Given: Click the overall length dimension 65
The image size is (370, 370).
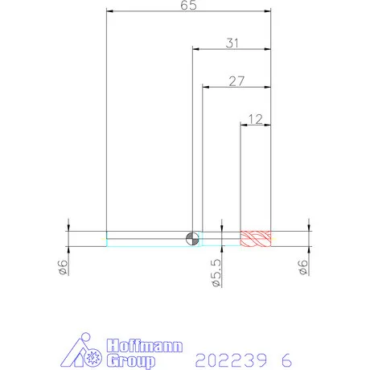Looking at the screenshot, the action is (x=188, y=5).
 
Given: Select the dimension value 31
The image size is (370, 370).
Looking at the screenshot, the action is (x=232, y=43).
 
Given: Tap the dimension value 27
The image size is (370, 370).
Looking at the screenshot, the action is (x=236, y=81).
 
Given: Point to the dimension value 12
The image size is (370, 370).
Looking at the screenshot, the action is (x=256, y=119).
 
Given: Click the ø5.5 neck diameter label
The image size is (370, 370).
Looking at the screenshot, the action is (x=216, y=273).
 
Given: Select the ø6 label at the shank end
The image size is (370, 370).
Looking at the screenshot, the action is (x=63, y=267).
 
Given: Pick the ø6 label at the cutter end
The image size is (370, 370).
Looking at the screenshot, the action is (x=303, y=267).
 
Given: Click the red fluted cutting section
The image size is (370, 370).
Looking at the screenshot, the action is (x=256, y=239).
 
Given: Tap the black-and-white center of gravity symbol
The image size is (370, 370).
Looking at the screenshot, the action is (x=192, y=239).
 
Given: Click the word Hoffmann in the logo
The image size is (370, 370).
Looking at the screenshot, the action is (x=145, y=346).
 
